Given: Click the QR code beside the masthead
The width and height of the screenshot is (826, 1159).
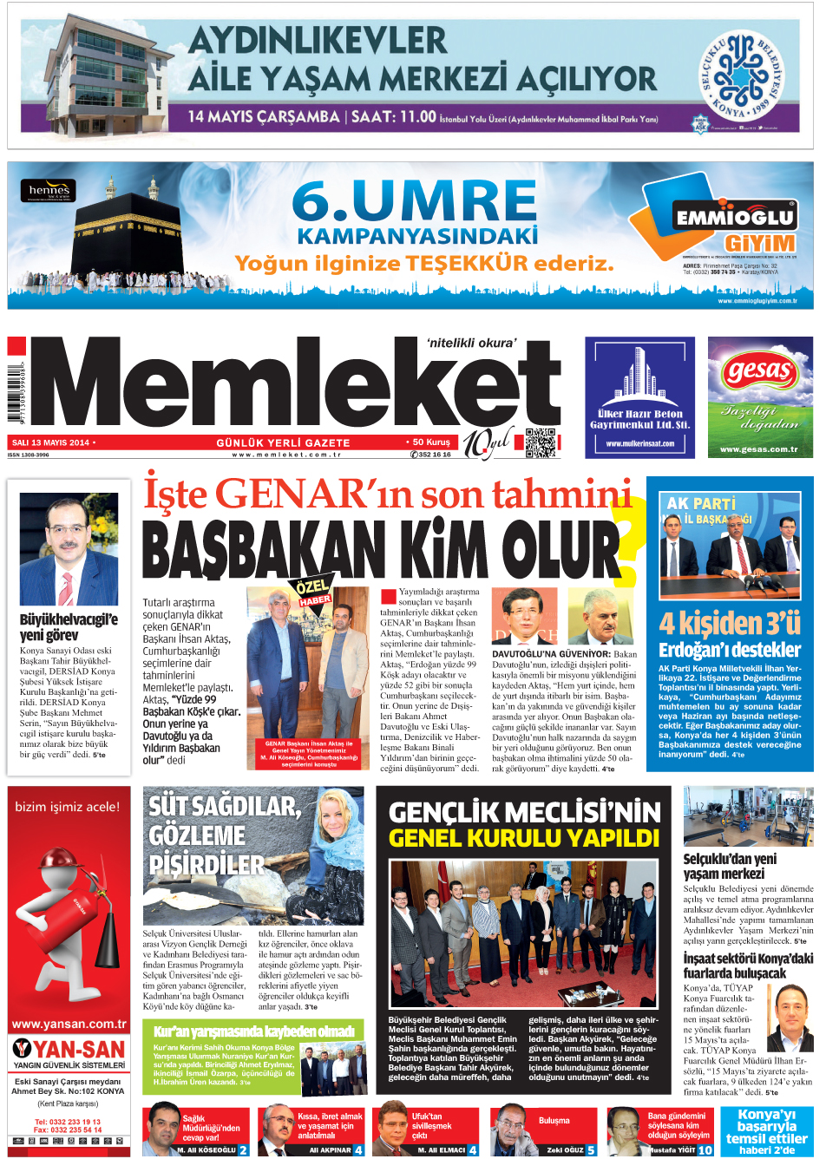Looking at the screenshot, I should point(540,442).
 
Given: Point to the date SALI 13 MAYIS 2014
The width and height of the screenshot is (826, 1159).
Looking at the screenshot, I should point(50,442).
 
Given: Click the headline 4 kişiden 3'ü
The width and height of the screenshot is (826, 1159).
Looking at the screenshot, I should point(729,623).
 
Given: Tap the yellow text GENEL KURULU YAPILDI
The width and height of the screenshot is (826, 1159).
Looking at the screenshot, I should point(524,838).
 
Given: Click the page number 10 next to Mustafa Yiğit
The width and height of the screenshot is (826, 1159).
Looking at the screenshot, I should point(705,1149).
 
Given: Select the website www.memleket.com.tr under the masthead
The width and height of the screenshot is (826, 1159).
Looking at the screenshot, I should point(285,454).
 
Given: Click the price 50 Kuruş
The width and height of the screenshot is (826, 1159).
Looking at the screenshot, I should point(431,442).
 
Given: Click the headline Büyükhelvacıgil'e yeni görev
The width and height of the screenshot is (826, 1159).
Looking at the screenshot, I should point(68,626).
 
